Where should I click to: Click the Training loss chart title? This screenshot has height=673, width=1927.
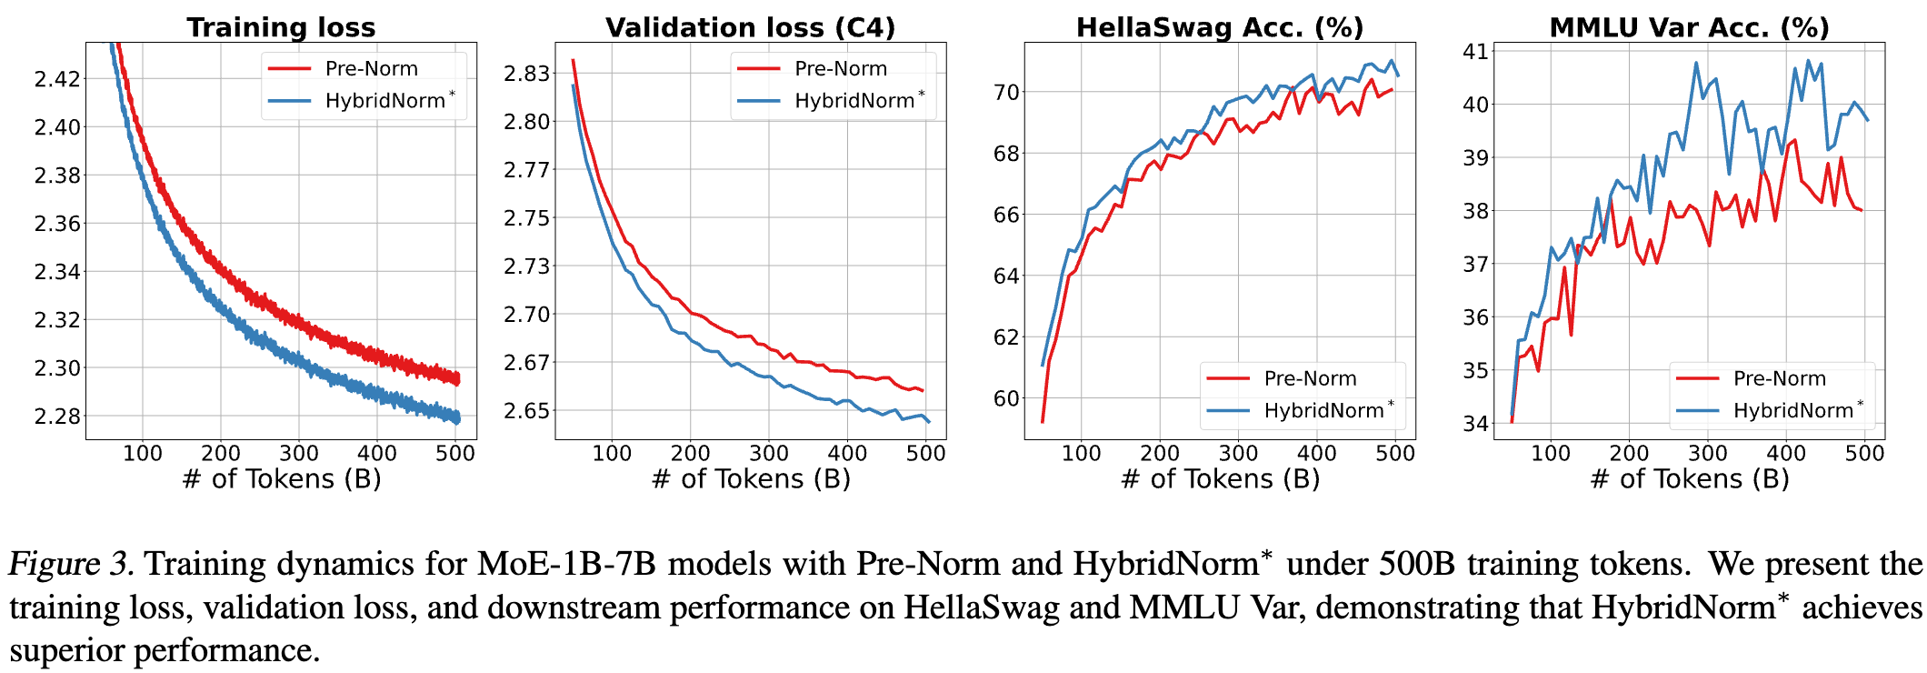point(281,27)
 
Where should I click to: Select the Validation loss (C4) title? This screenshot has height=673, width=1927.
point(750,27)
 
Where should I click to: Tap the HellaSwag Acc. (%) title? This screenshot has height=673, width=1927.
point(1220,27)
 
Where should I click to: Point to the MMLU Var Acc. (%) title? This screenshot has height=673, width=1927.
point(1689,27)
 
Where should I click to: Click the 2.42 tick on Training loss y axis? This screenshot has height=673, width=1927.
point(57,78)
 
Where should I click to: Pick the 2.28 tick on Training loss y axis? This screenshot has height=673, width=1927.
point(57,417)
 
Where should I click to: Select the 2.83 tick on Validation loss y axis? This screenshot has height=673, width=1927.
point(527,74)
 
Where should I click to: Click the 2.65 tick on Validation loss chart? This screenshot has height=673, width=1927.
point(527,411)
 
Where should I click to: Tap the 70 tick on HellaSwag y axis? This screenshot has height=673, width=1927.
point(1006,92)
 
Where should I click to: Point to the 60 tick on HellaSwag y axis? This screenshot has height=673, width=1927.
point(1006,398)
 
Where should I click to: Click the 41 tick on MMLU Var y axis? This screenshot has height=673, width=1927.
point(1475,52)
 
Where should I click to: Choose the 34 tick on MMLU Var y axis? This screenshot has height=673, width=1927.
point(1475,423)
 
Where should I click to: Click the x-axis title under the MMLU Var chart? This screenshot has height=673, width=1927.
point(1689,479)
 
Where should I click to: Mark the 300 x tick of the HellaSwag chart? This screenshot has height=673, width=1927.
point(1238,453)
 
